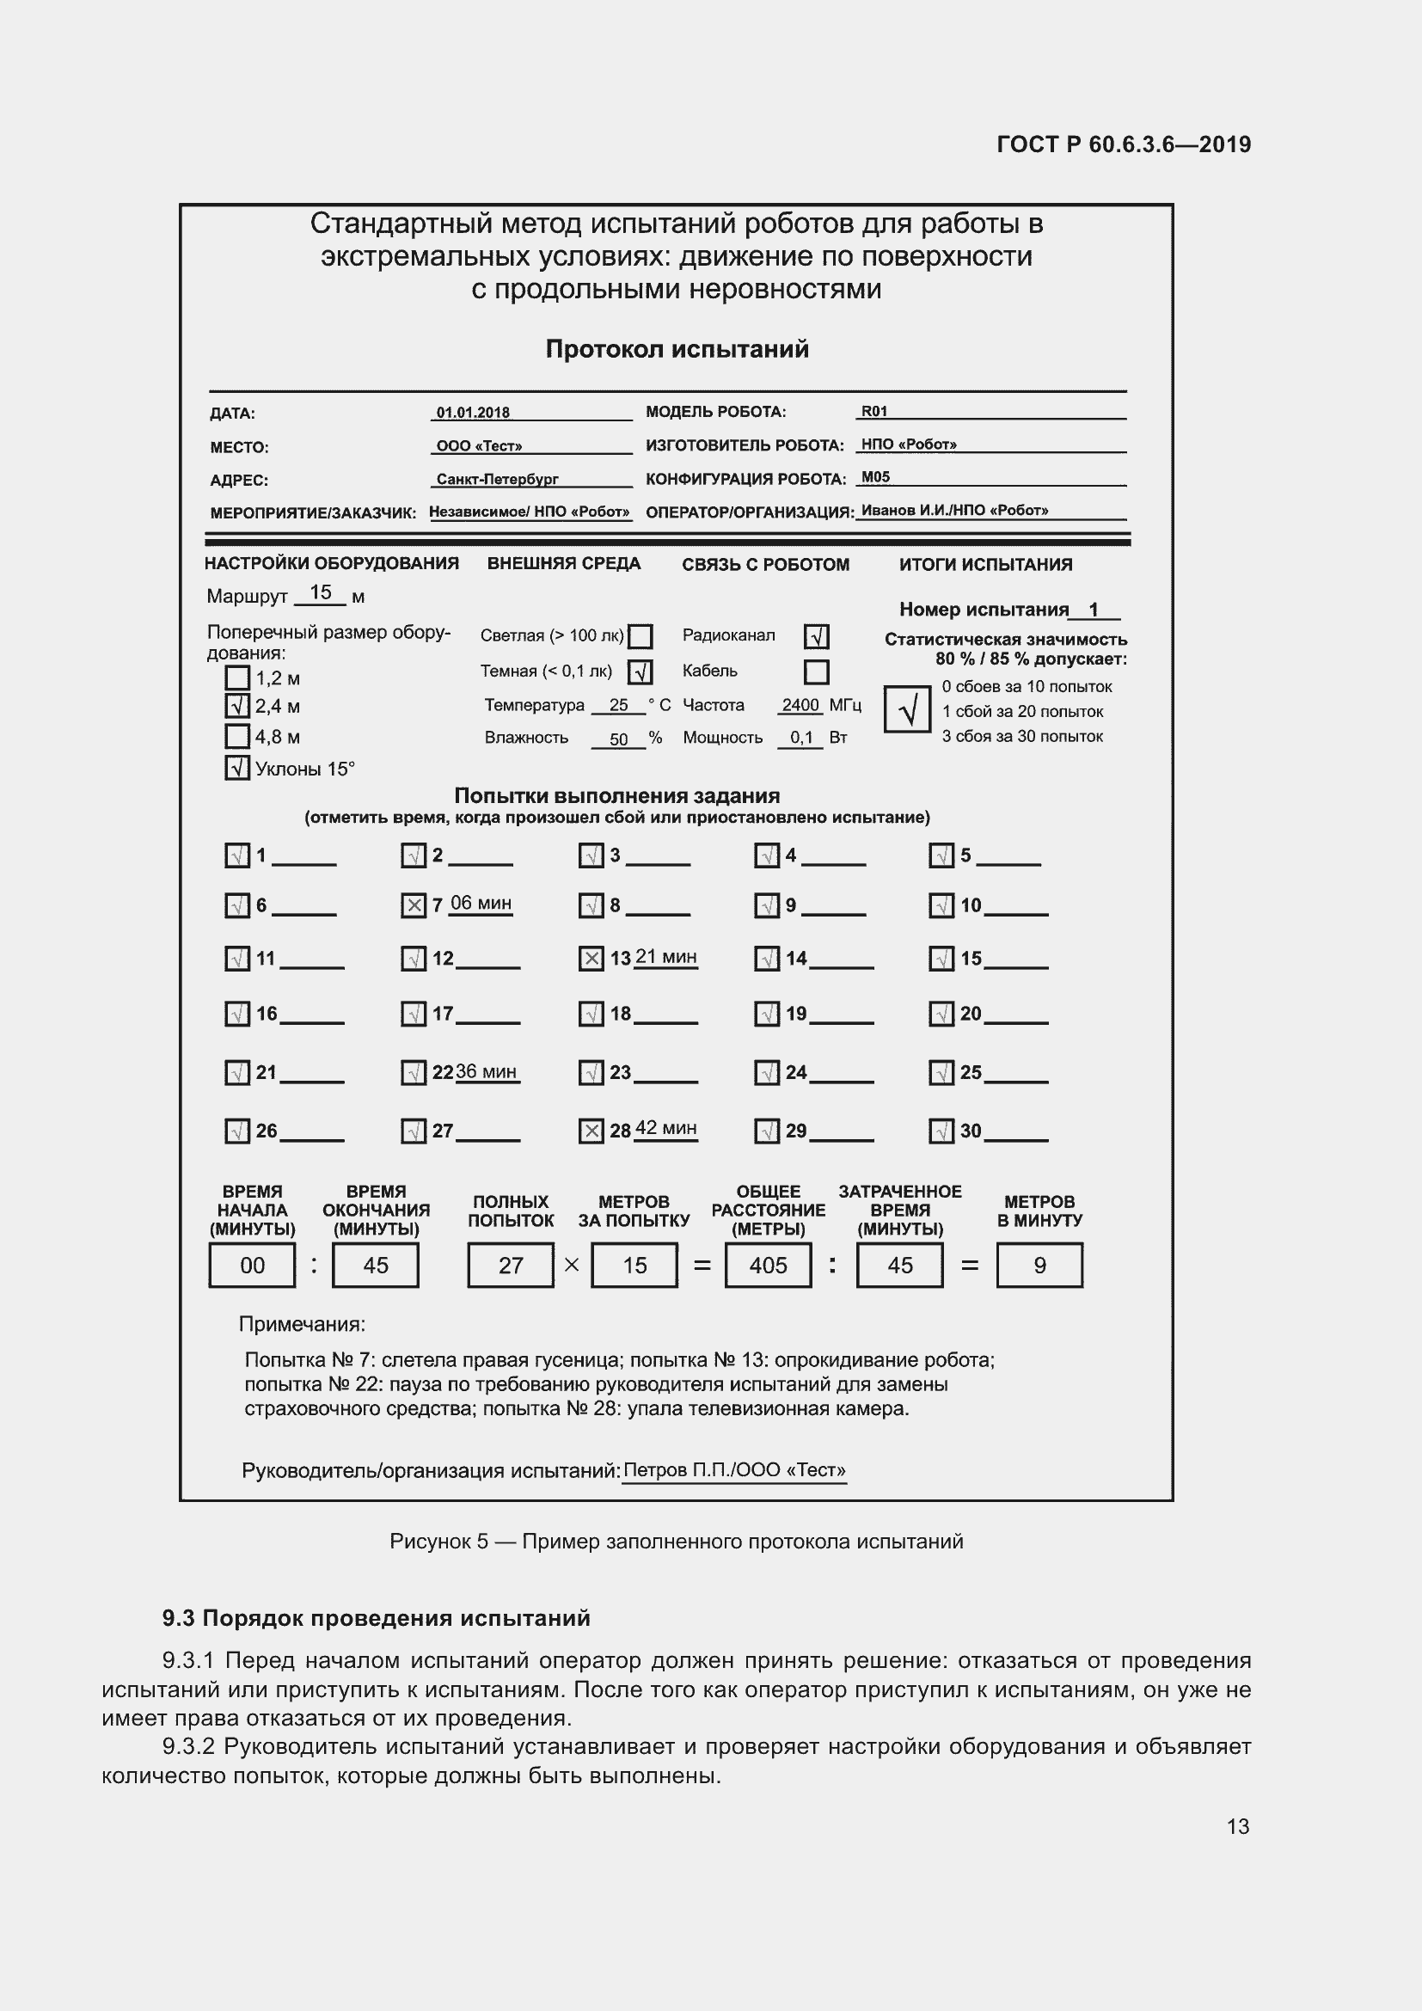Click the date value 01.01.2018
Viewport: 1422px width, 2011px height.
473,413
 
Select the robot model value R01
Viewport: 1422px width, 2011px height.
873,411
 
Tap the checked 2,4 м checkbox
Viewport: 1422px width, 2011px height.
237,706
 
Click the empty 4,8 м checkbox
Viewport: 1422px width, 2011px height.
237,737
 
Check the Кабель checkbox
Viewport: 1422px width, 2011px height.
816,671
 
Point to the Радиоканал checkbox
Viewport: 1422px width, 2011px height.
816,636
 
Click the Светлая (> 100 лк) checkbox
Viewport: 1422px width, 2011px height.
641,636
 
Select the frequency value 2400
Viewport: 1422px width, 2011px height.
800,705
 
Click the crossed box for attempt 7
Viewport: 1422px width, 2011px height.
414,905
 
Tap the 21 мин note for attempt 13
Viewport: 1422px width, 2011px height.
665,956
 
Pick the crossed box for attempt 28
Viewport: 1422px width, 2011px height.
591,1131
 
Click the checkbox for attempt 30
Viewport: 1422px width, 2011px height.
941,1131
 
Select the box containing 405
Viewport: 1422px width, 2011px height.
768,1266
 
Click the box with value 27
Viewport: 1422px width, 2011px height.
511,1266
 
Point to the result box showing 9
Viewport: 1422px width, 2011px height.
1039,1266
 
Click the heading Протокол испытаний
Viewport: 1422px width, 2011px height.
677,349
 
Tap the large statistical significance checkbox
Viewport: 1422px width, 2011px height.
907,709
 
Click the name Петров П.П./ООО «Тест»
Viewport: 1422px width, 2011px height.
733,1470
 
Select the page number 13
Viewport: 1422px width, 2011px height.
1237,1826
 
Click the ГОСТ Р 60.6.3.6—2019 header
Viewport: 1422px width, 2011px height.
1124,144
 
